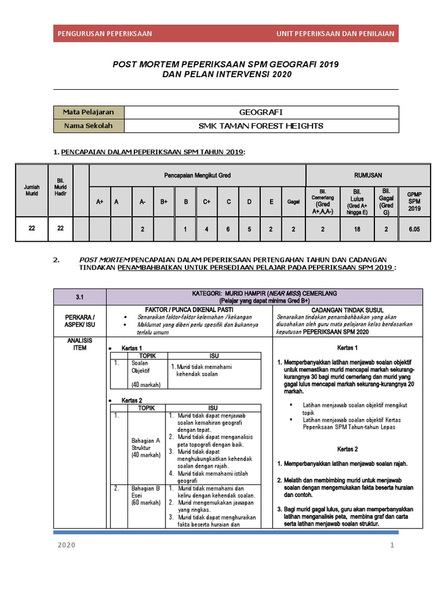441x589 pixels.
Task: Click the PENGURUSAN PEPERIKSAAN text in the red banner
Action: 105,33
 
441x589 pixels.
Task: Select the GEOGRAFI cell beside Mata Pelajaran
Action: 261,112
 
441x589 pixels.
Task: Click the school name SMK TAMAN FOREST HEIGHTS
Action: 261,126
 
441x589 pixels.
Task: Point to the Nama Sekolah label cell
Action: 88,126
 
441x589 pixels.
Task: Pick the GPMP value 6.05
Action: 414,229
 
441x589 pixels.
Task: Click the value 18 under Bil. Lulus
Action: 357,229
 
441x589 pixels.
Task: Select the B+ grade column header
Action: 164,202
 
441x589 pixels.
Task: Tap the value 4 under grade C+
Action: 207,229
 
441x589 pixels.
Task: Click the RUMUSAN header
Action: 368,175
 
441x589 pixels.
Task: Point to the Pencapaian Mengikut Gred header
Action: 198,175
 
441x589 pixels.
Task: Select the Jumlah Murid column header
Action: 32,191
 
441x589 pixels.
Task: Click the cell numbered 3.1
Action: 80,297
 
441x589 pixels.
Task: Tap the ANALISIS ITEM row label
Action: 80,344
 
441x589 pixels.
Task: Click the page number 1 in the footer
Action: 392,546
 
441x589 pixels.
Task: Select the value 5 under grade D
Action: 249,229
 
